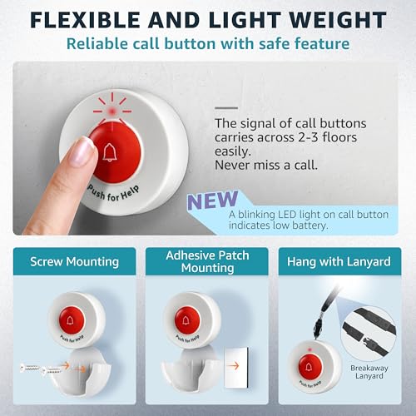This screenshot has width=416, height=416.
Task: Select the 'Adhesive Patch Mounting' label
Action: point(206,262)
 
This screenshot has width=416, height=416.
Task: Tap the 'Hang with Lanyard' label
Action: point(339,262)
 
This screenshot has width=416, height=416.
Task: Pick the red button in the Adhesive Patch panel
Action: point(187,317)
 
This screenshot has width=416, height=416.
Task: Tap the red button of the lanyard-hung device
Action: point(314,364)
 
